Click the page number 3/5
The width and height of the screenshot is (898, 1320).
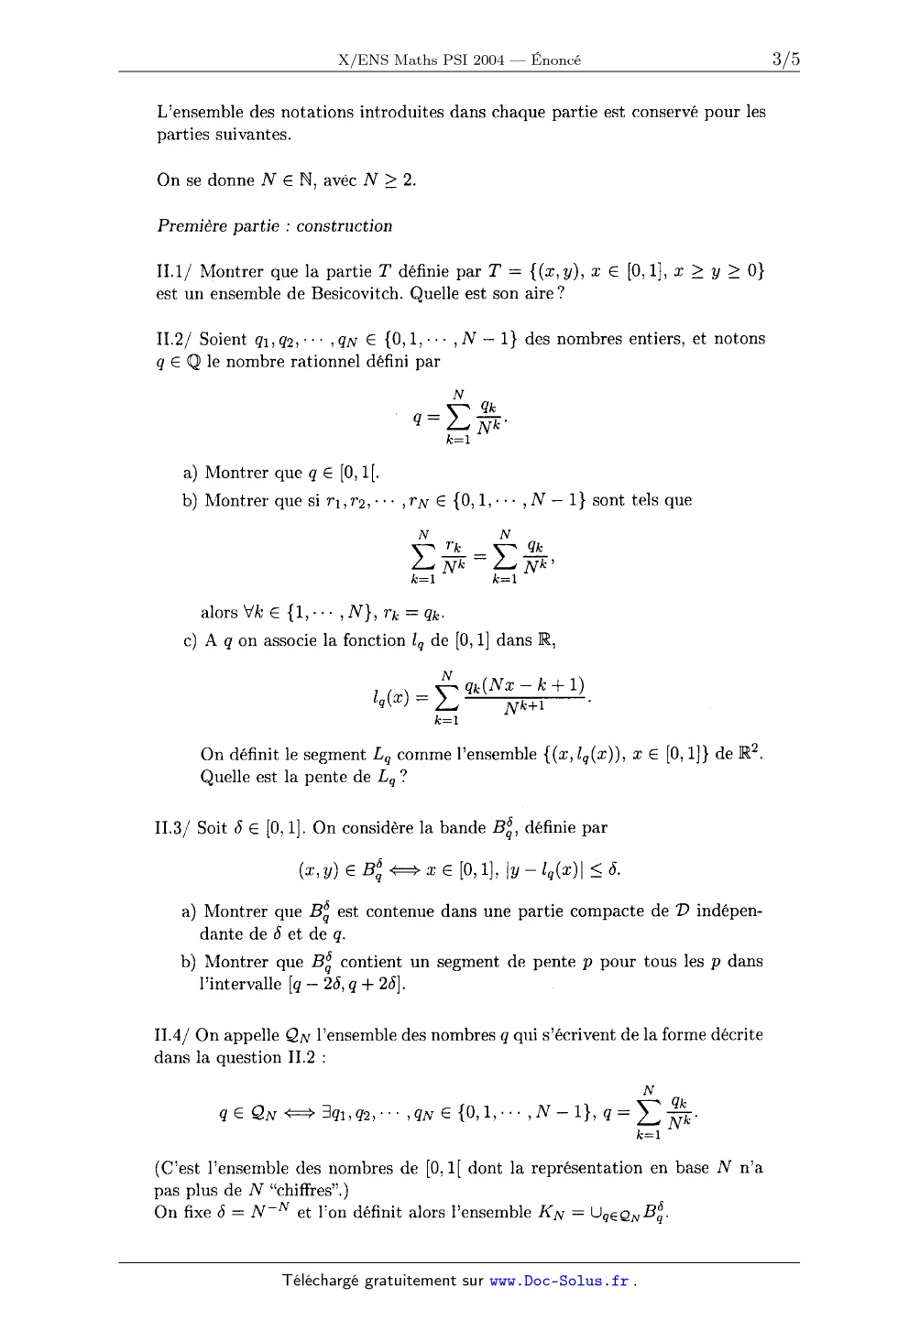click(785, 60)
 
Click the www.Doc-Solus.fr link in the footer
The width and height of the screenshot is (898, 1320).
click(559, 1281)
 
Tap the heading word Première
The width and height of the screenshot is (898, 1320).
click(192, 226)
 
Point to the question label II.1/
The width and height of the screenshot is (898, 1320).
click(174, 272)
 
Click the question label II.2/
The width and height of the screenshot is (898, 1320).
click(174, 339)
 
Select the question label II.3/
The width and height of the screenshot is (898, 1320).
click(174, 828)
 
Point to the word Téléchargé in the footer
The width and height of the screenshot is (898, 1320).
click(323, 1281)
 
